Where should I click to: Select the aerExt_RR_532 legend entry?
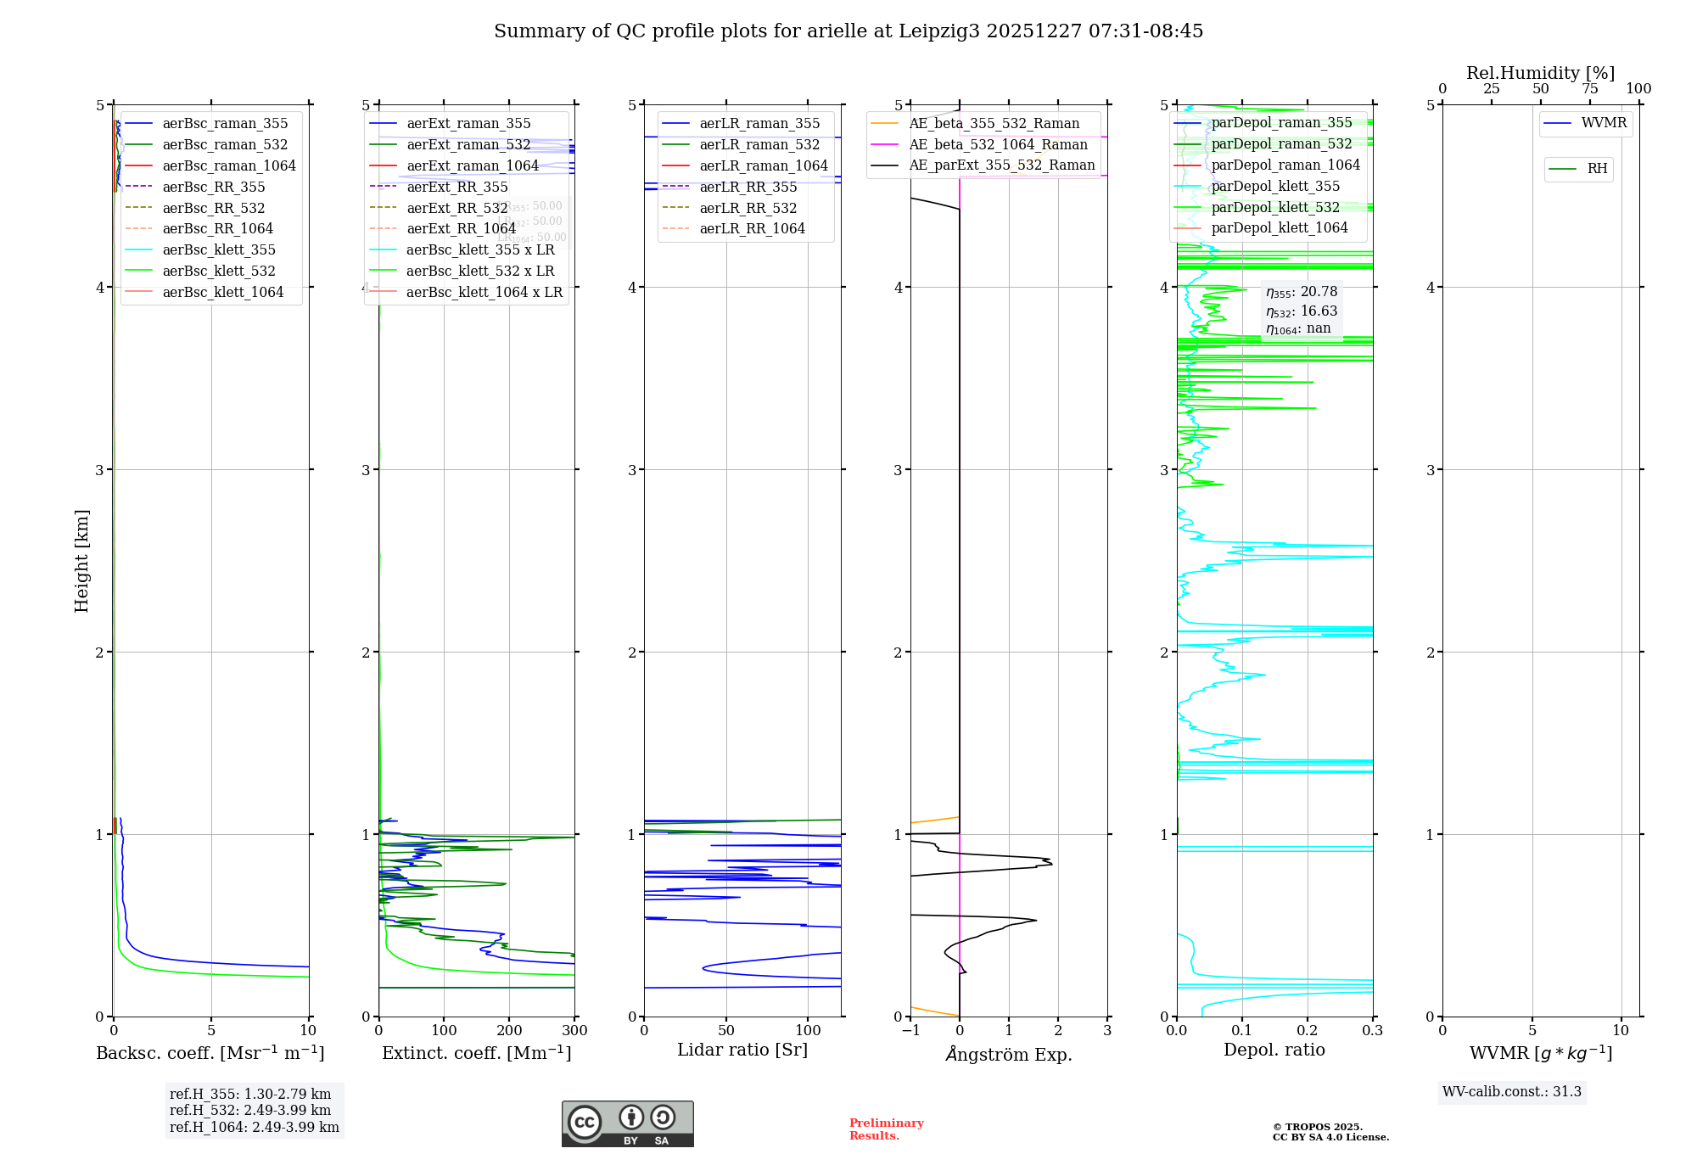coord(457,208)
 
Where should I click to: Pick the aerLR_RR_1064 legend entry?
coord(752,228)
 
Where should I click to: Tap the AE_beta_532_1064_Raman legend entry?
coord(998,144)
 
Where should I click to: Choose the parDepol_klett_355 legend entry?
coord(1275,186)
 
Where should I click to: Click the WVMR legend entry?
coord(1604,123)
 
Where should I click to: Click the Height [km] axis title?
coord(81,561)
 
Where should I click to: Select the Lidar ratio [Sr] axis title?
coord(742,1050)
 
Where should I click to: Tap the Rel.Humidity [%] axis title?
coord(1540,73)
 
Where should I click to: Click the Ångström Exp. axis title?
coord(1009,1054)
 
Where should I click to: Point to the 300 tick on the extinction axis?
coord(575,1031)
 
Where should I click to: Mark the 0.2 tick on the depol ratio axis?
coord(1308,1031)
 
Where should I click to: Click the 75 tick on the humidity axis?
coord(1590,89)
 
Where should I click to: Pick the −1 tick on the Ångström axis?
coord(910,1031)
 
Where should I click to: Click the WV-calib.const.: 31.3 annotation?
coord(1512,1091)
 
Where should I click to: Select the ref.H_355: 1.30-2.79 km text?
coord(250,1094)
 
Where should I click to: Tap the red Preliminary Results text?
coord(886,1129)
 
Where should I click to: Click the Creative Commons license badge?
coord(627,1124)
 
